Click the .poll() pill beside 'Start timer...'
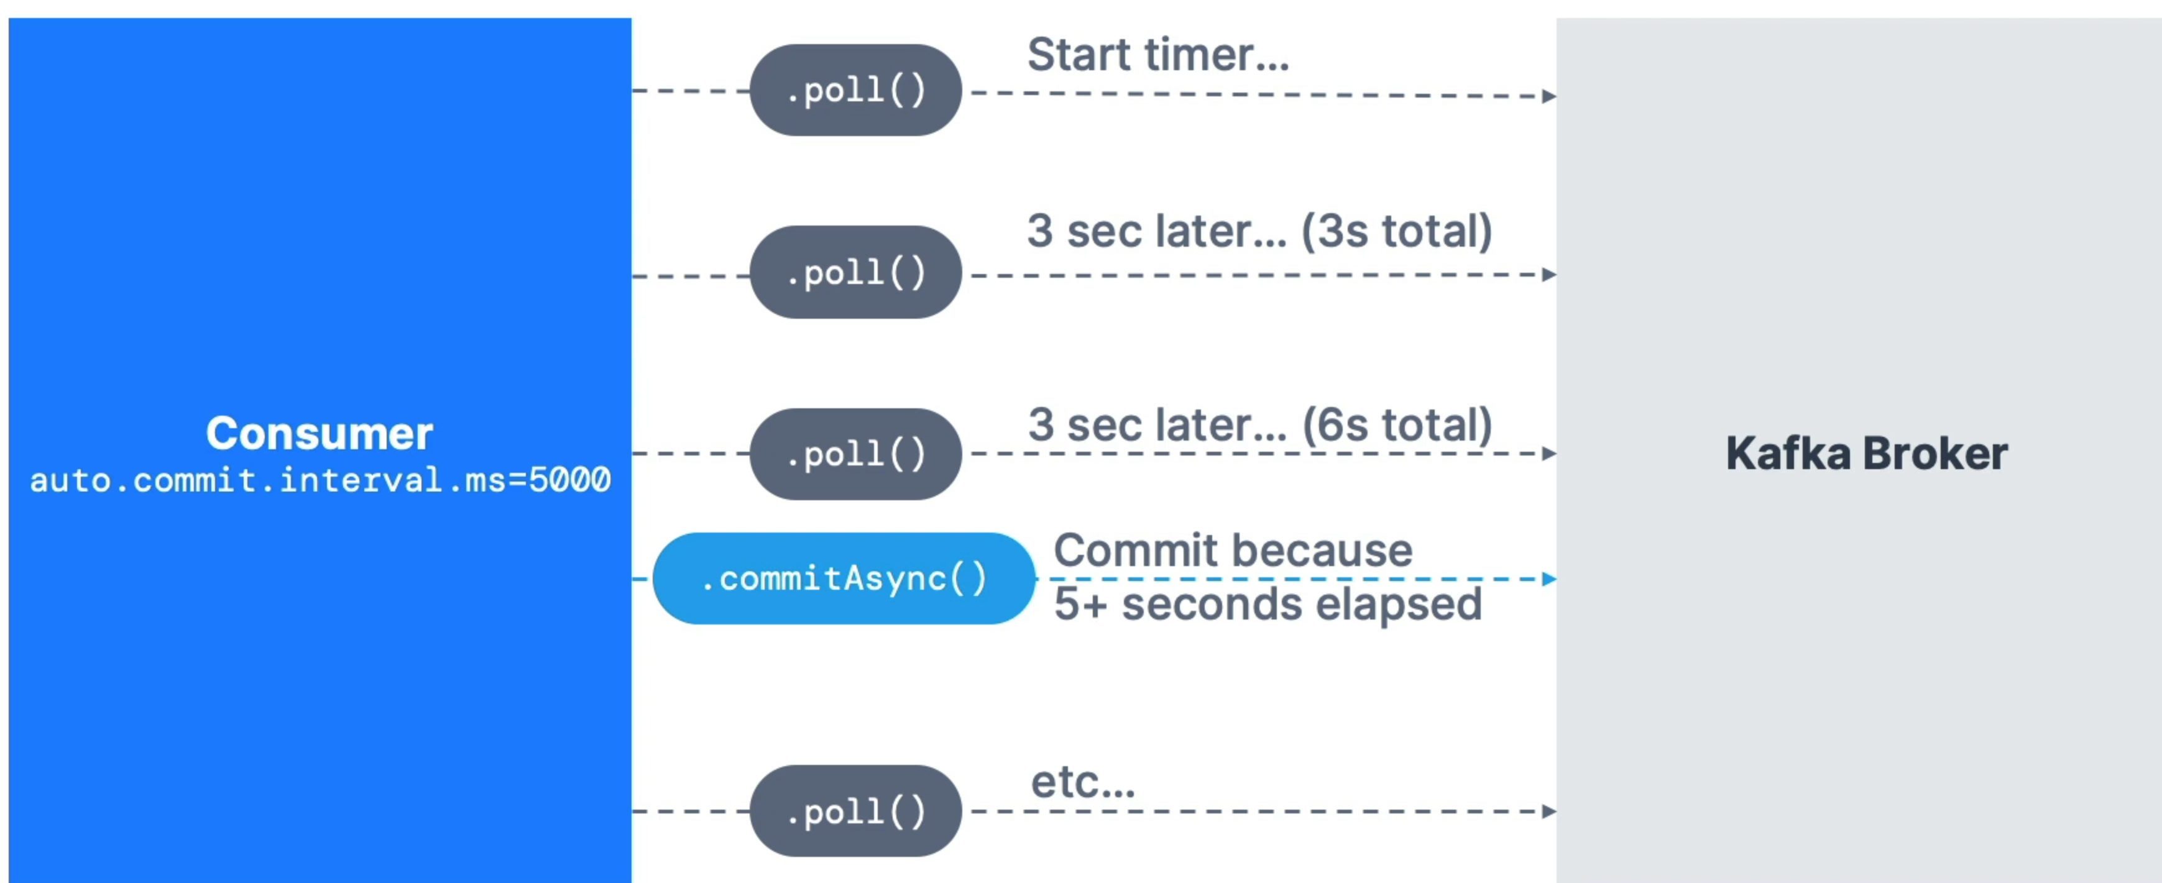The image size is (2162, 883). tap(855, 90)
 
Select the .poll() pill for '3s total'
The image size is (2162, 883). tap(855, 272)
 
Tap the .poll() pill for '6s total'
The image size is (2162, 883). tap(855, 454)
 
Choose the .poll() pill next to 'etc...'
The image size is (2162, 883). tap(855, 811)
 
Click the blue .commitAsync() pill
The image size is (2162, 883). tap(844, 579)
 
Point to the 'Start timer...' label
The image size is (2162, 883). tap(1157, 55)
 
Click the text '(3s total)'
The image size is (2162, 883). tap(1397, 232)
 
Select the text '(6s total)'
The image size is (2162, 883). tap(1397, 426)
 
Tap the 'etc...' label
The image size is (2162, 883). tap(1083, 782)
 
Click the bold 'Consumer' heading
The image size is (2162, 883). tap(319, 434)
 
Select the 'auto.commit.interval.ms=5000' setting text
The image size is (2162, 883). tap(320, 481)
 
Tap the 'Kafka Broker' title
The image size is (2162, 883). tap(1867, 454)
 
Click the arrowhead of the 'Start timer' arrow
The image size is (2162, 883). tap(1549, 96)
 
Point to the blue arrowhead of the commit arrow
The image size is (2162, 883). tap(1549, 579)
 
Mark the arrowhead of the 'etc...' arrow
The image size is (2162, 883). tap(1549, 811)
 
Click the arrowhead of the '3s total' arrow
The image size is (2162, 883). tap(1549, 275)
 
